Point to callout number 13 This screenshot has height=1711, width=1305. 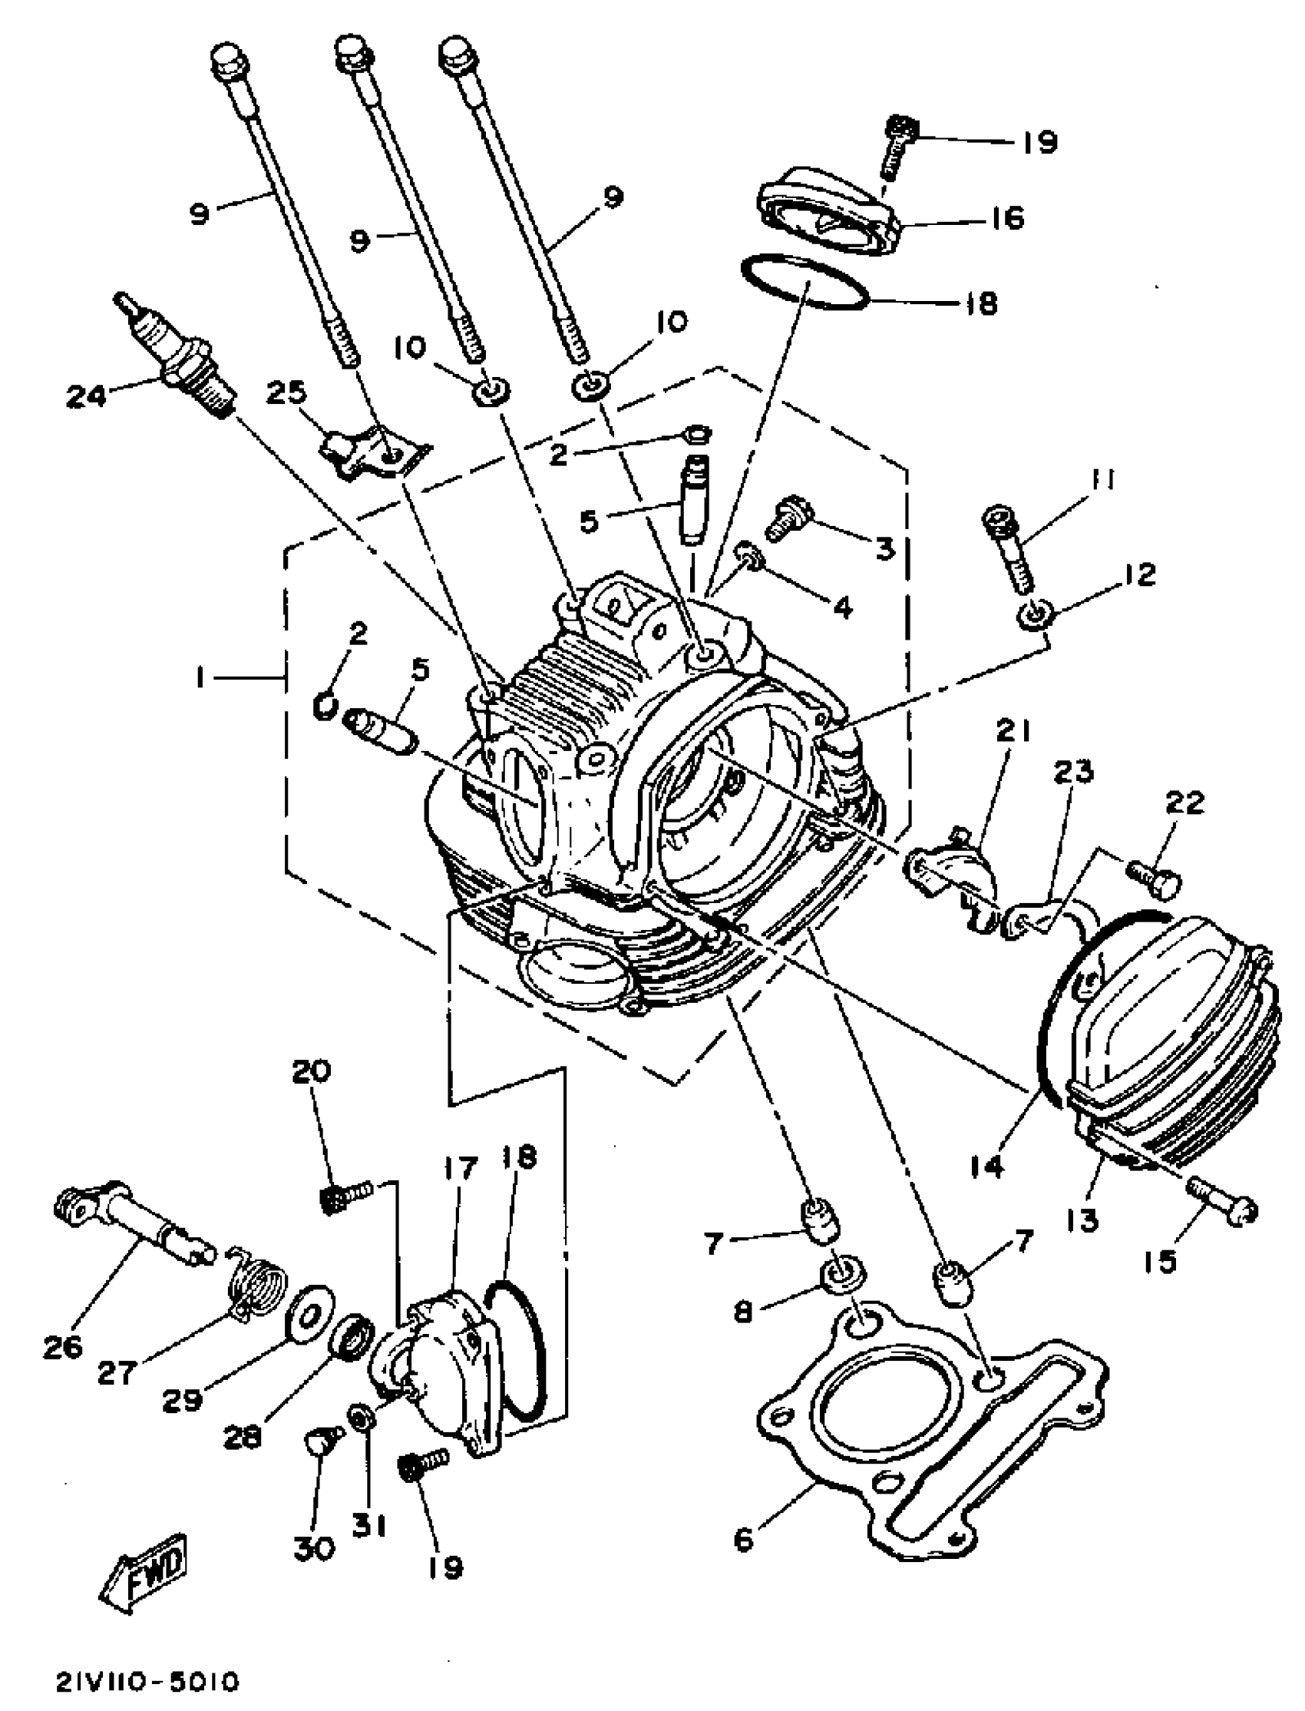1083,1220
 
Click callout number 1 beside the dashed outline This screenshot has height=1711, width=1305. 200,678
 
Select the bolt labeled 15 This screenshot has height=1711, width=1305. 1223,1209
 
